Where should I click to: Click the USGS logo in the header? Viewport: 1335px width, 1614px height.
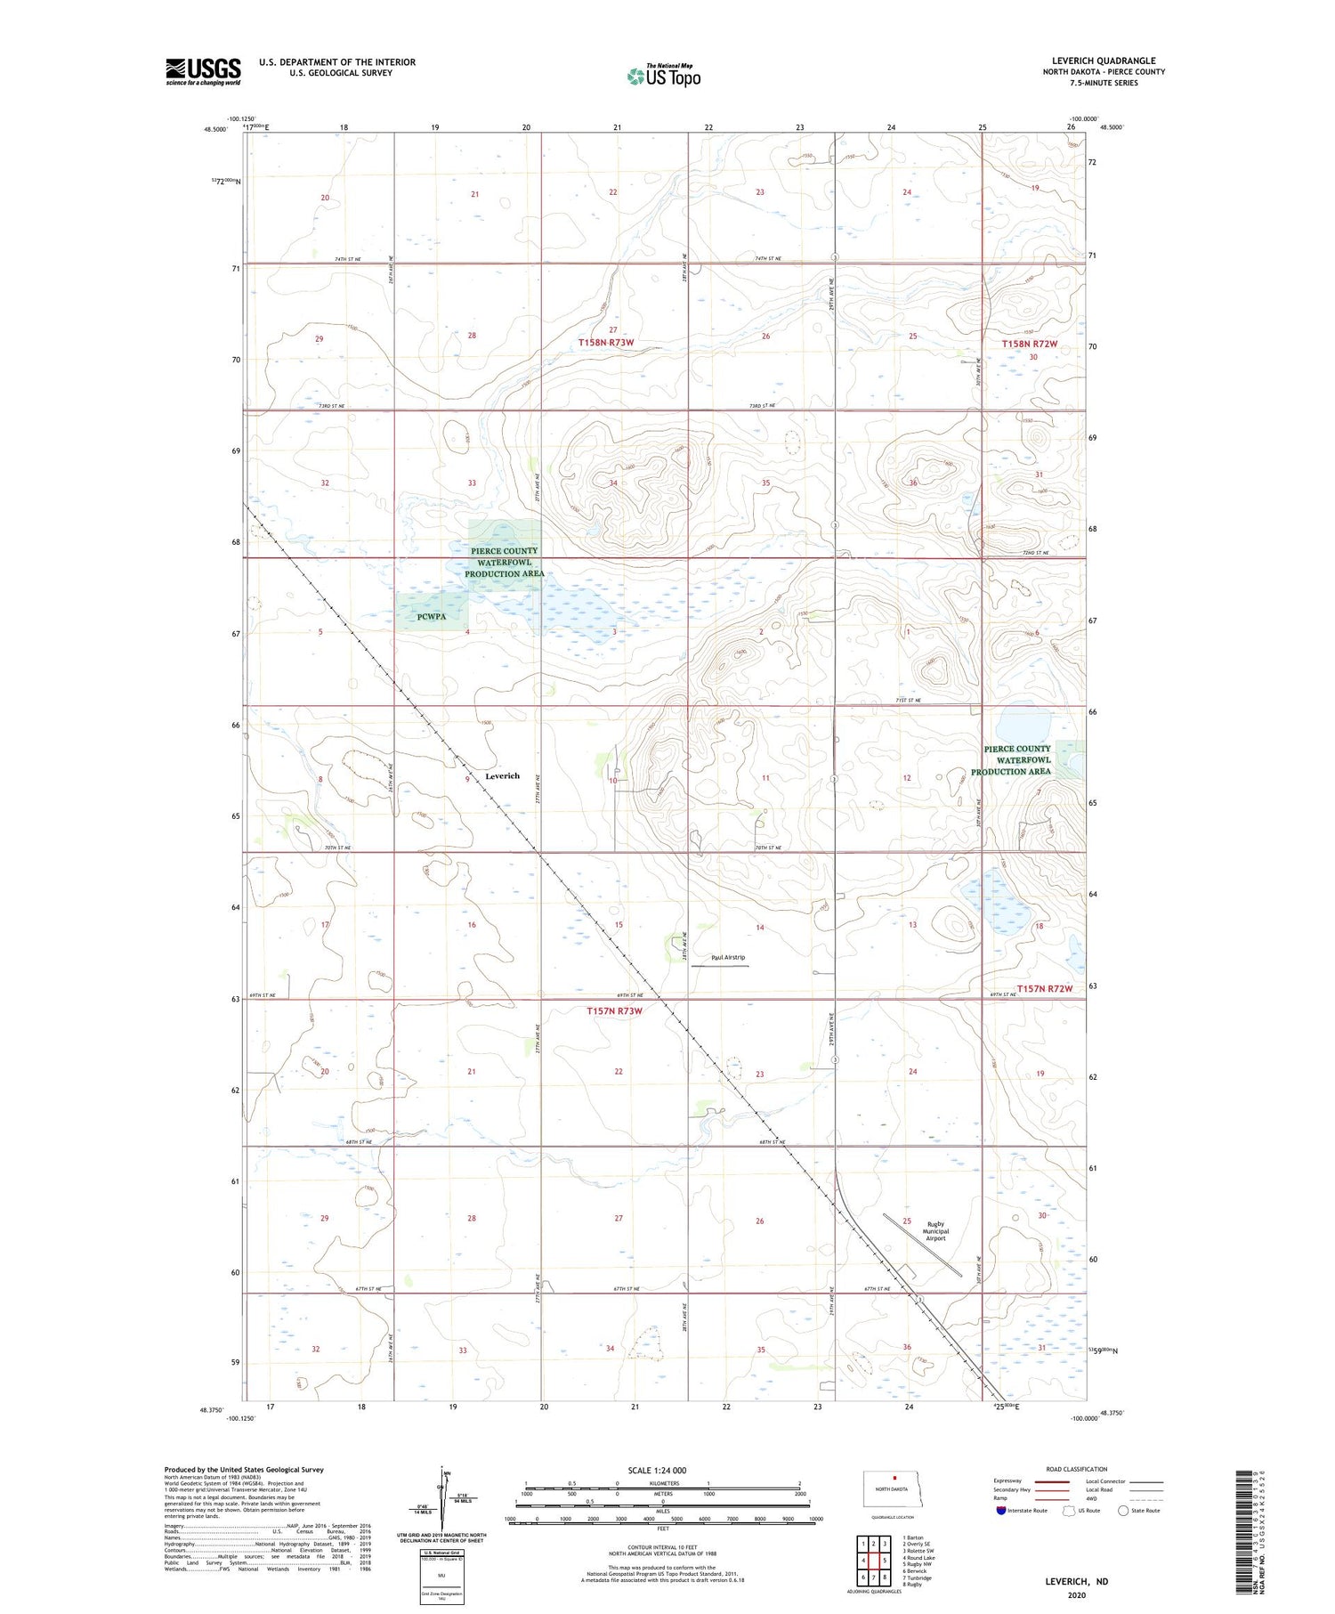pyautogui.click(x=203, y=71)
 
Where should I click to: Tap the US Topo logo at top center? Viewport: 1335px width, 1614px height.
pyautogui.click(x=664, y=77)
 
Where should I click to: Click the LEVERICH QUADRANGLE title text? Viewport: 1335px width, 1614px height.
pyautogui.click(x=1103, y=61)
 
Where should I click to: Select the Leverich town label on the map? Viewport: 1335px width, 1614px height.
pyautogui.click(x=502, y=776)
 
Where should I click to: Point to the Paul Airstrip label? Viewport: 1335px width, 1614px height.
pyautogui.click(x=728, y=958)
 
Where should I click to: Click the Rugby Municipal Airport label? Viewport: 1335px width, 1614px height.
pyautogui.click(x=935, y=1230)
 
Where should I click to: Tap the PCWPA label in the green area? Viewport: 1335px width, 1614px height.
pyautogui.click(x=431, y=616)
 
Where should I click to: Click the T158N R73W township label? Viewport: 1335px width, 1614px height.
pyautogui.click(x=605, y=343)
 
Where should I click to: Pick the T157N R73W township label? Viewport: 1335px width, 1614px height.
pyautogui.click(x=614, y=1011)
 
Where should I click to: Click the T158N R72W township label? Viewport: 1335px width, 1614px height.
pyautogui.click(x=1029, y=344)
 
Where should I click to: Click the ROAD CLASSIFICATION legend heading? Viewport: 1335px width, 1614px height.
pyautogui.click(x=1077, y=1469)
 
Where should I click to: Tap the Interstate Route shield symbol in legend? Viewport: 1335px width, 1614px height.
pyautogui.click(x=1001, y=1511)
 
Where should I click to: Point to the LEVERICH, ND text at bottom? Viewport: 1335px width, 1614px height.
pyautogui.click(x=1076, y=1581)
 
